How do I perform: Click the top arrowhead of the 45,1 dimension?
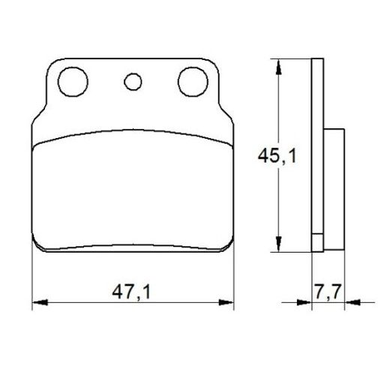coord(279,63)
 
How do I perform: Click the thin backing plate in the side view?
coord(317,150)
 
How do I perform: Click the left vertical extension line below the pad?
coord(34,277)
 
